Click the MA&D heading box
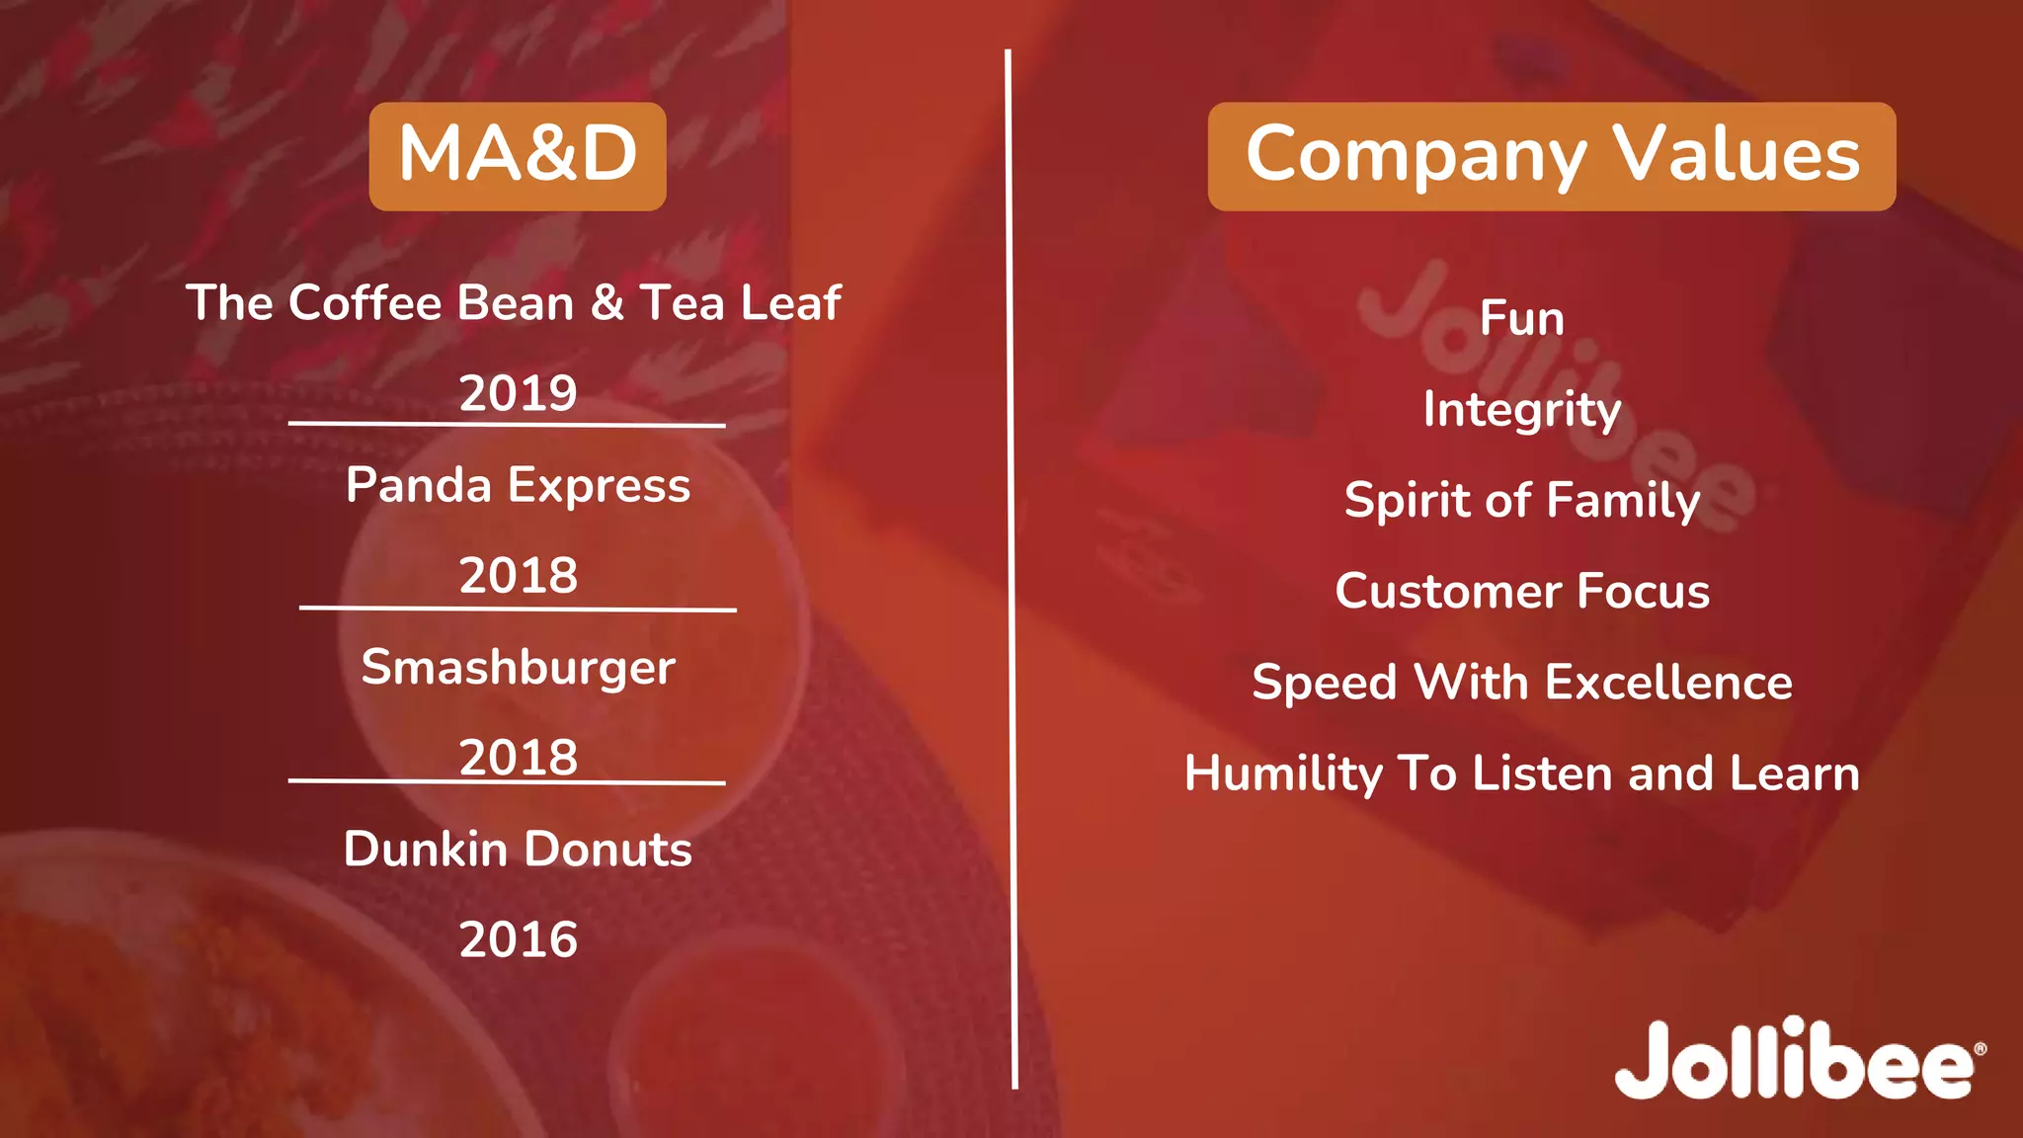coord(518,156)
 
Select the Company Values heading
coord(1551,156)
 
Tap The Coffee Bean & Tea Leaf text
coord(514,302)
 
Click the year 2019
coord(518,393)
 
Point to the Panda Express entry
coord(518,485)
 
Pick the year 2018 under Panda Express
coord(518,575)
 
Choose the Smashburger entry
coord(518,667)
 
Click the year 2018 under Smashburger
coord(518,758)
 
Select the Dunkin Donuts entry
coord(518,849)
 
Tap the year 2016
coord(518,939)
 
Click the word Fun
coord(1521,319)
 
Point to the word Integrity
coord(1521,410)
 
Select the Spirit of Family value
coord(1521,500)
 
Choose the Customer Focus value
coord(1521,591)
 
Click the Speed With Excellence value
coord(1521,682)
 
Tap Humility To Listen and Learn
coord(1521,772)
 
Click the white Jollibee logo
coord(1793,1060)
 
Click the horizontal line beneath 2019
coord(507,425)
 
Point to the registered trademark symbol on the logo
coord(1979,1049)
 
